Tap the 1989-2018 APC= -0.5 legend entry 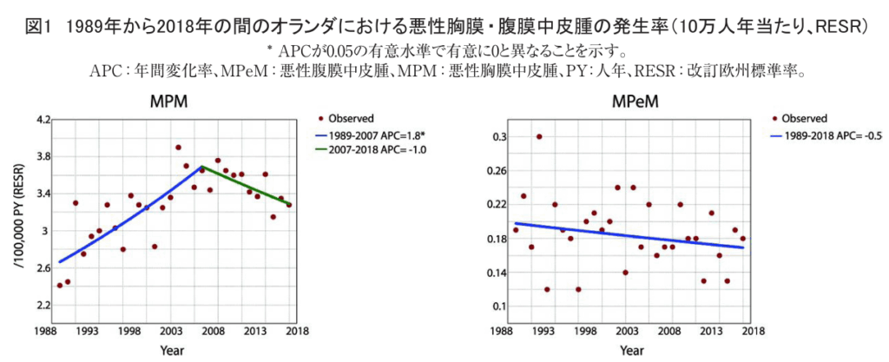point(834,135)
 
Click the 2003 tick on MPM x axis point(170,330)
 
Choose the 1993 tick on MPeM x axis point(541,330)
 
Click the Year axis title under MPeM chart point(631,351)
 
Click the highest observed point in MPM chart point(178,148)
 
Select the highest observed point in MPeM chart point(539,136)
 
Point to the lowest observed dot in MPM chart point(60,285)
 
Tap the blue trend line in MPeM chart point(634,235)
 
